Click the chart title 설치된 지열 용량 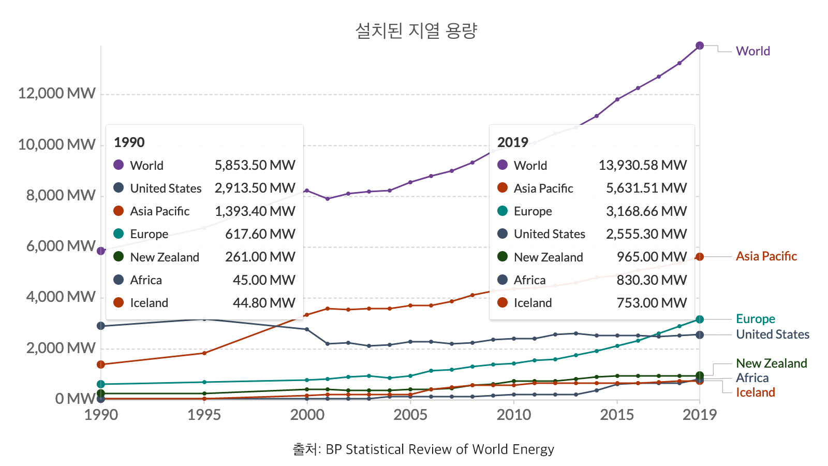tap(416, 31)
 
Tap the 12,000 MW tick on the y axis tap(57, 93)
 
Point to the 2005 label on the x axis tap(410, 415)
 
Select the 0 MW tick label tap(75, 399)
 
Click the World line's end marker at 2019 tap(700, 46)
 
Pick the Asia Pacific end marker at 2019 tap(700, 257)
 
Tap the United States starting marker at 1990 tap(101, 326)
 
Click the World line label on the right tap(753, 51)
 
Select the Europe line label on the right tap(756, 319)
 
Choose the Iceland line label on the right tap(756, 392)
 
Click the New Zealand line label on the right tap(772, 363)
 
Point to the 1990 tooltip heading tap(129, 142)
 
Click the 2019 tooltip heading tap(513, 142)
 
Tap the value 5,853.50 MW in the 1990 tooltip tap(255, 165)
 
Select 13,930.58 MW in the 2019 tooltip tap(643, 165)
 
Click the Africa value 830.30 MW tap(652, 280)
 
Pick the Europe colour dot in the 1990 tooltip tap(119, 234)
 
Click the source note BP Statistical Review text tap(440, 449)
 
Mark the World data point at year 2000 tap(307, 191)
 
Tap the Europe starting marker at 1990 tap(101, 384)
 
